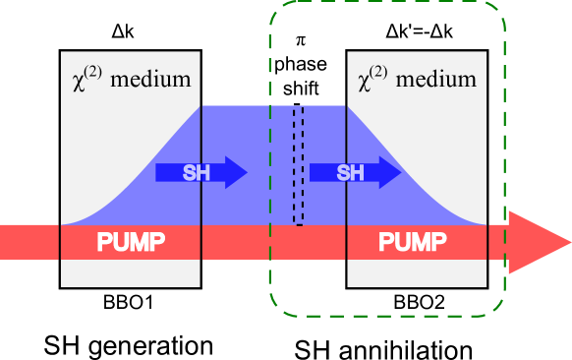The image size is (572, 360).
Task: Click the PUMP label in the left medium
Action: [x=131, y=242]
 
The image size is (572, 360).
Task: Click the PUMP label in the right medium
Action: [x=413, y=242]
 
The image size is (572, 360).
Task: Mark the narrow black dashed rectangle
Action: [x=298, y=165]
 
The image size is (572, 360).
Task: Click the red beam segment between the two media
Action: [x=273, y=242]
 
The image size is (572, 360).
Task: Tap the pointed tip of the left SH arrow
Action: [x=246, y=172]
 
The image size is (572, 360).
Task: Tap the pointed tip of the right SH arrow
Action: [x=400, y=172]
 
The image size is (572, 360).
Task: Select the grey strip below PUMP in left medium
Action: [x=131, y=273]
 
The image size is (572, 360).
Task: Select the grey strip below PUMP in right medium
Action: [x=417, y=273]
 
